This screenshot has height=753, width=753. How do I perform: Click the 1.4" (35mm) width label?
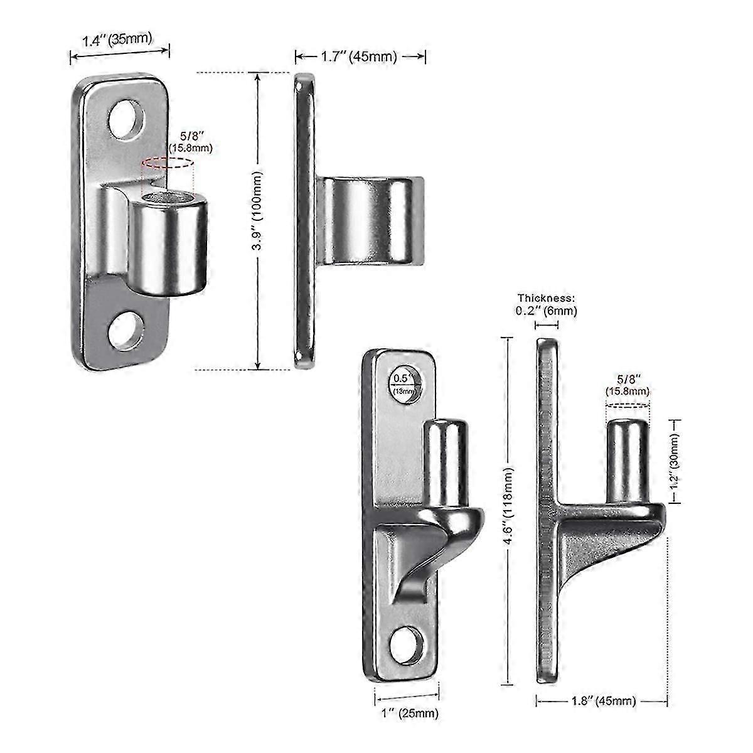click(x=117, y=40)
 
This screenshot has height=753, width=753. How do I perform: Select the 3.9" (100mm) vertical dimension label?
click(x=256, y=220)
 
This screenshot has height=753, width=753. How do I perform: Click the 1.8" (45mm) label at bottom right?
click(x=601, y=701)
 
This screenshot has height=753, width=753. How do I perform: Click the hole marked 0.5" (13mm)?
click(x=405, y=382)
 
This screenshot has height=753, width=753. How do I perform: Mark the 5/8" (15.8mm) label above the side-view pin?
click(x=627, y=385)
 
